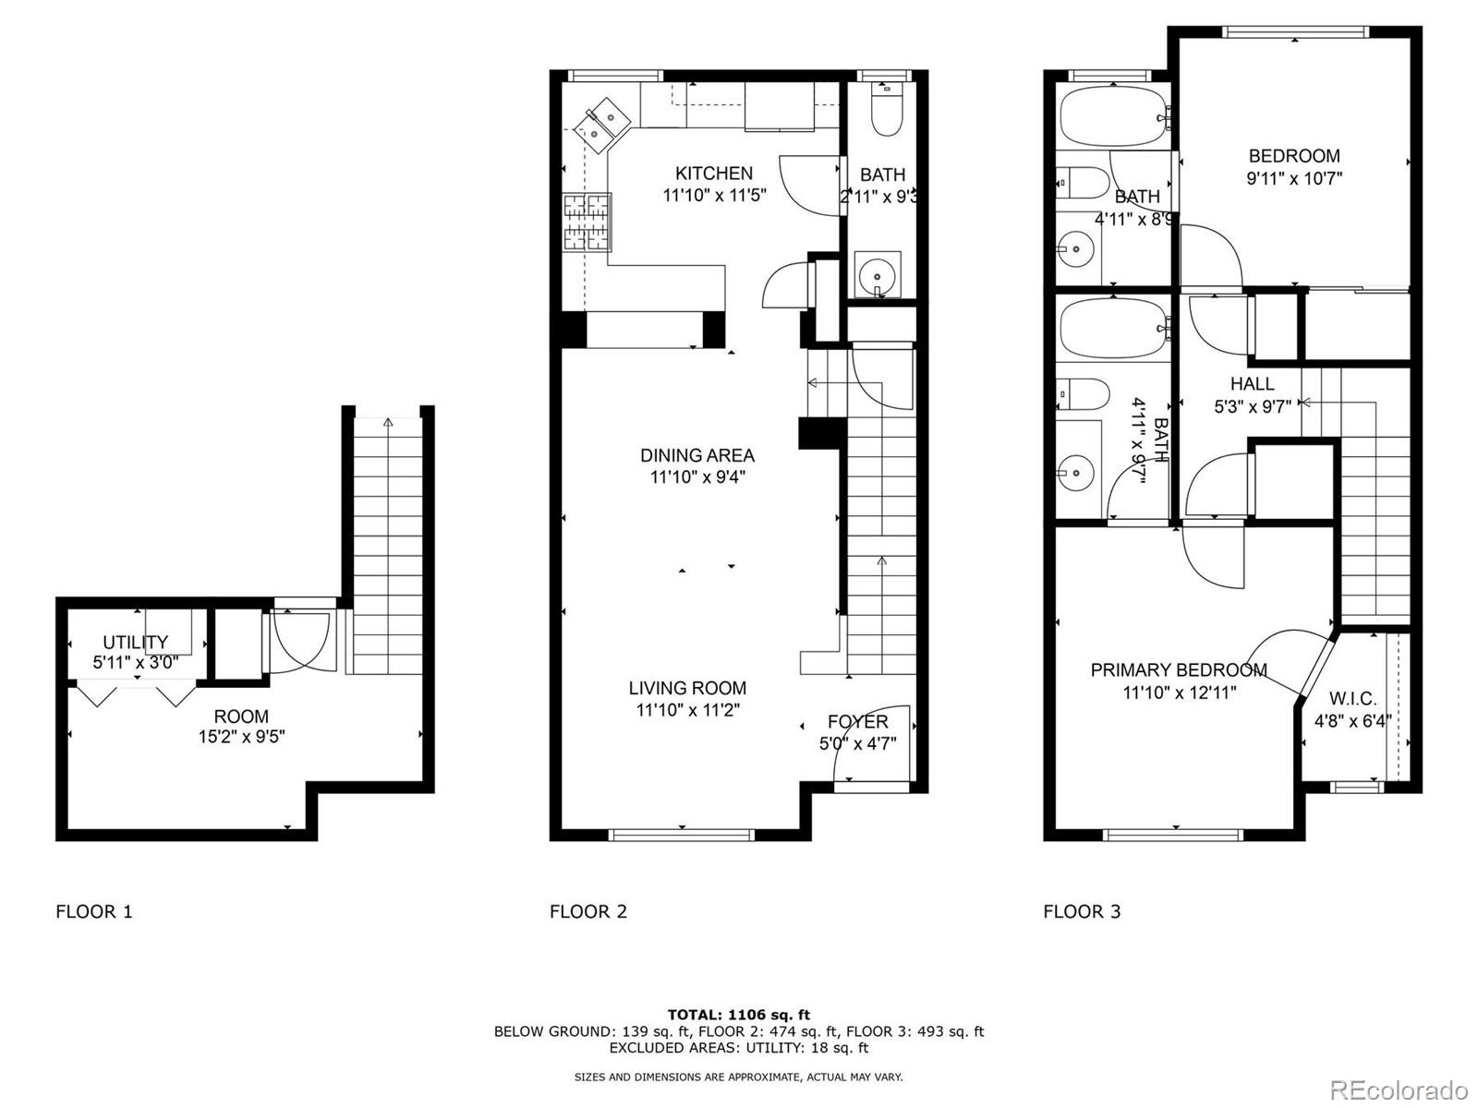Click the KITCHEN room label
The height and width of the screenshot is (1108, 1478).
(713, 173)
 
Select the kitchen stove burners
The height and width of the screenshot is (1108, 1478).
(588, 222)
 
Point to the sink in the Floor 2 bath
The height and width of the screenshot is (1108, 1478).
(876, 274)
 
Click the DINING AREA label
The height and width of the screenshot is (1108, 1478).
(697, 455)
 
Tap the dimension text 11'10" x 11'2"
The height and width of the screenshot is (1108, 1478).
(687, 710)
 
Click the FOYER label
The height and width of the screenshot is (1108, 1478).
(857, 722)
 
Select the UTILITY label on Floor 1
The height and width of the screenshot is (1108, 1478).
(135, 642)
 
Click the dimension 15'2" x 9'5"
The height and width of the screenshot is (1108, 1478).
(241, 737)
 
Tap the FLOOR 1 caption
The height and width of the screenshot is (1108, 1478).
(94, 911)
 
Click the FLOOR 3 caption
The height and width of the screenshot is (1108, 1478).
(1082, 911)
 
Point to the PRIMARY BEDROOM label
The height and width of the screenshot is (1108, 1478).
(1178, 670)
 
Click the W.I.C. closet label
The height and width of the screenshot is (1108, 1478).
(1351, 699)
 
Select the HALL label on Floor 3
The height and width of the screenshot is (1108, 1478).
(1252, 383)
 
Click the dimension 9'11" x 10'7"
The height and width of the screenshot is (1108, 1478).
(1293, 178)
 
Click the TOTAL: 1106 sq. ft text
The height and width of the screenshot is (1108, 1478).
(738, 1015)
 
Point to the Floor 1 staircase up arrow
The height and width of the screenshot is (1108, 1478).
(387, 422)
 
